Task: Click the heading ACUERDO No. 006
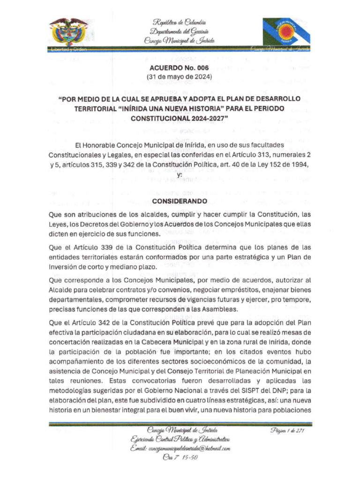pyautogui.click(x=180, y=67)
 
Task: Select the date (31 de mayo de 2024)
pyautogui.click(x=180, y=76)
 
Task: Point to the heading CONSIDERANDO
pyautogui.click(x=180, y=201)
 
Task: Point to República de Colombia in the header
pyautogui.click(x=179, y=22)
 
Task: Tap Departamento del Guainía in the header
pyautogui.click(x=179, y=31)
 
